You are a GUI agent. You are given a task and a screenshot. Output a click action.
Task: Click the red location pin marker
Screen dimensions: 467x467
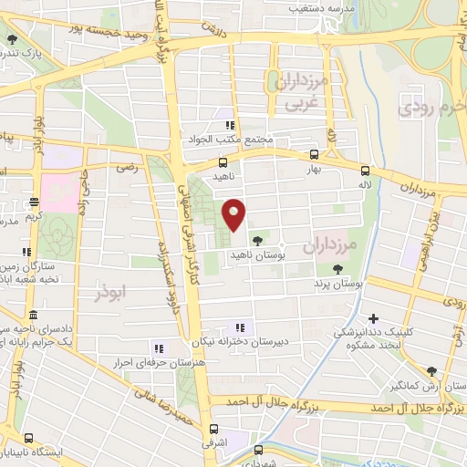234,214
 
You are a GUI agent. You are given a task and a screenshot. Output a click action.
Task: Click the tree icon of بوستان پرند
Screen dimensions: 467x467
337,269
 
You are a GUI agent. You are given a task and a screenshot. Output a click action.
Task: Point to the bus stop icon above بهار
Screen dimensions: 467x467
314,156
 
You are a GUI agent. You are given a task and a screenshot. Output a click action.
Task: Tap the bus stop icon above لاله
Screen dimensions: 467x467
365,170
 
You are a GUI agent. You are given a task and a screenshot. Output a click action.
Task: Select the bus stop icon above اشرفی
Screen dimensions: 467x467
213,428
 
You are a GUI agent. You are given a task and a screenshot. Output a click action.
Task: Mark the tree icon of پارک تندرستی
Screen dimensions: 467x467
12,39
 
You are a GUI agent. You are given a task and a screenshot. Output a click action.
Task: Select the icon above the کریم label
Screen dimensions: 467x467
34,202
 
